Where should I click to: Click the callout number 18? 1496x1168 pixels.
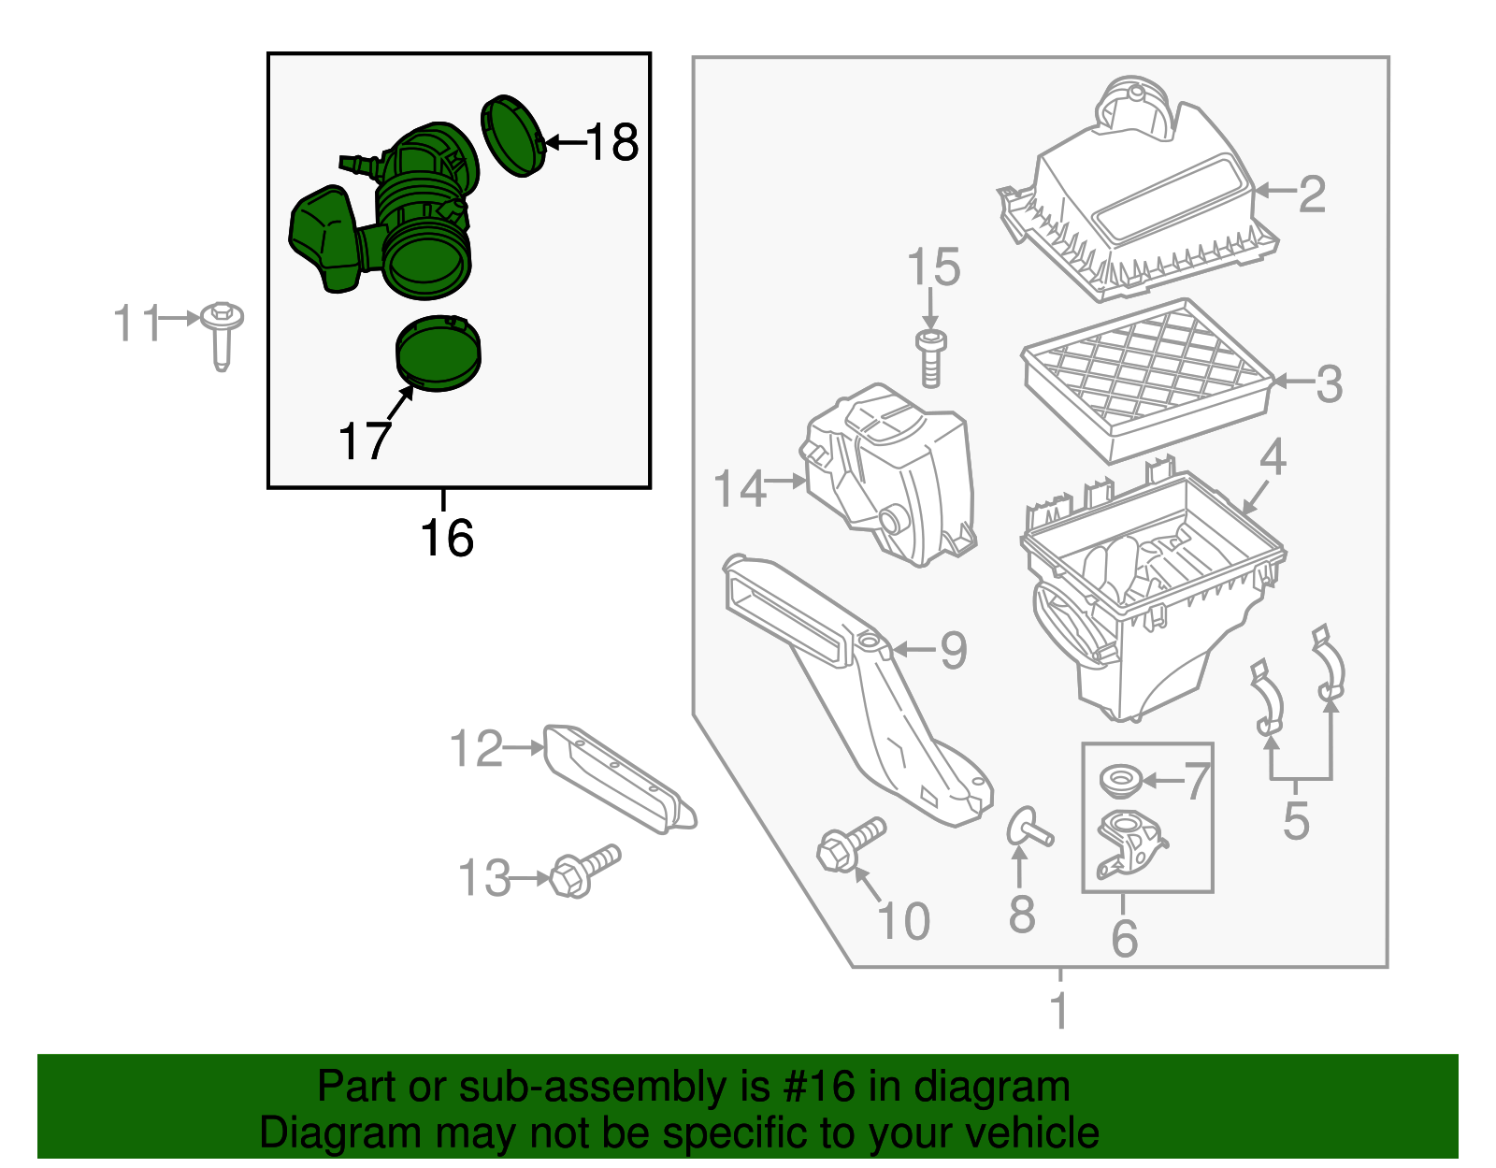click(611, 143)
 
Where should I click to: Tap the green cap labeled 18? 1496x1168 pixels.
click(512, 135)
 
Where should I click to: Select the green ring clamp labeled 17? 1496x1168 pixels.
click(438, 353)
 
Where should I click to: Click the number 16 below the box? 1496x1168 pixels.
click(447, 538)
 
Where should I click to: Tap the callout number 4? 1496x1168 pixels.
click(1273, 457)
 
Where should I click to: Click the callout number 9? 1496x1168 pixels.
click(953, 650)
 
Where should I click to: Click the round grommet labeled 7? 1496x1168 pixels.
click(1118, 781)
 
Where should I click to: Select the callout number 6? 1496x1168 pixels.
click(1125, 938)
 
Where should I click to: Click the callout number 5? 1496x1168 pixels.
click(1296, 820)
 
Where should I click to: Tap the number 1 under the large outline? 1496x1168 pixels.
click(1059, 1011)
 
